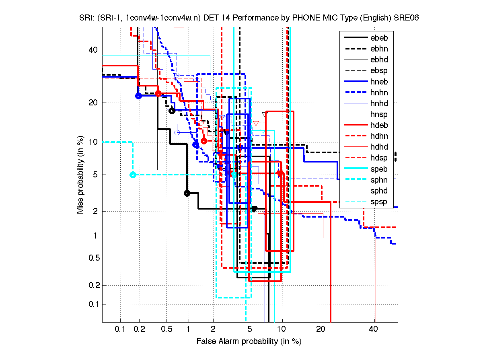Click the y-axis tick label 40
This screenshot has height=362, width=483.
(93, 50)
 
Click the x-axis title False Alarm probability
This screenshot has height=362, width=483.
(249, 341)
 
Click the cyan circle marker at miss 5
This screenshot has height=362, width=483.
(133, 175)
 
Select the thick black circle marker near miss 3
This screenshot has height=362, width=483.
(187, 193)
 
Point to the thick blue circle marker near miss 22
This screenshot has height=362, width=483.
(138, 96)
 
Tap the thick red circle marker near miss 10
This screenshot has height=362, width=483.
(204, 141)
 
